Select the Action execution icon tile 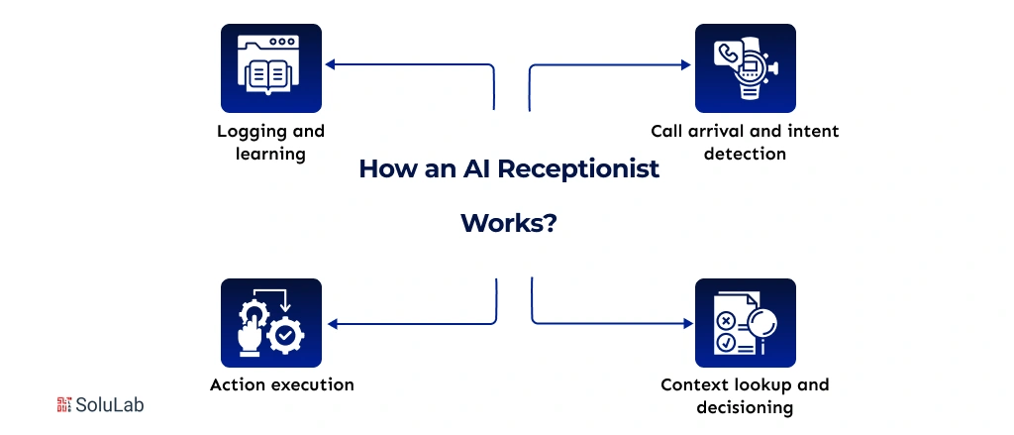click(x=270, y=323)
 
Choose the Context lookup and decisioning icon click(x=745, y=323)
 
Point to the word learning click(x=270, y=154)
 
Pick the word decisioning click(x=745, y=407)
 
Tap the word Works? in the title click(x=508, y=223)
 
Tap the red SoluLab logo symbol click(x=65, y=404)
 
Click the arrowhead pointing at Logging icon click(x=330, y=65)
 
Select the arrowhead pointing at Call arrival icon click(x=685, y=65)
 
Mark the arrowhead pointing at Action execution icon click(x=330, y=324)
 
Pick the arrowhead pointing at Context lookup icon click(x=685, y=323)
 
